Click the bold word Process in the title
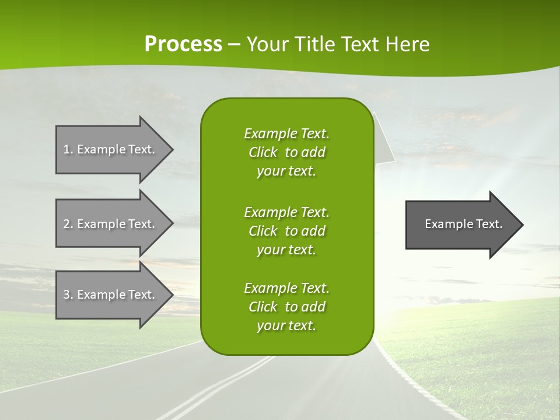[183, 44]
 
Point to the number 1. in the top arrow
[68, 149]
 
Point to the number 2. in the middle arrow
[68, 224]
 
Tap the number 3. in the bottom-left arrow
[68, 295]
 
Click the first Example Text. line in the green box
[286, 134]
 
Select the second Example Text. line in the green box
[286, 212]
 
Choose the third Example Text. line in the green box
[286, 288]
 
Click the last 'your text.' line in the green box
[286, 325]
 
